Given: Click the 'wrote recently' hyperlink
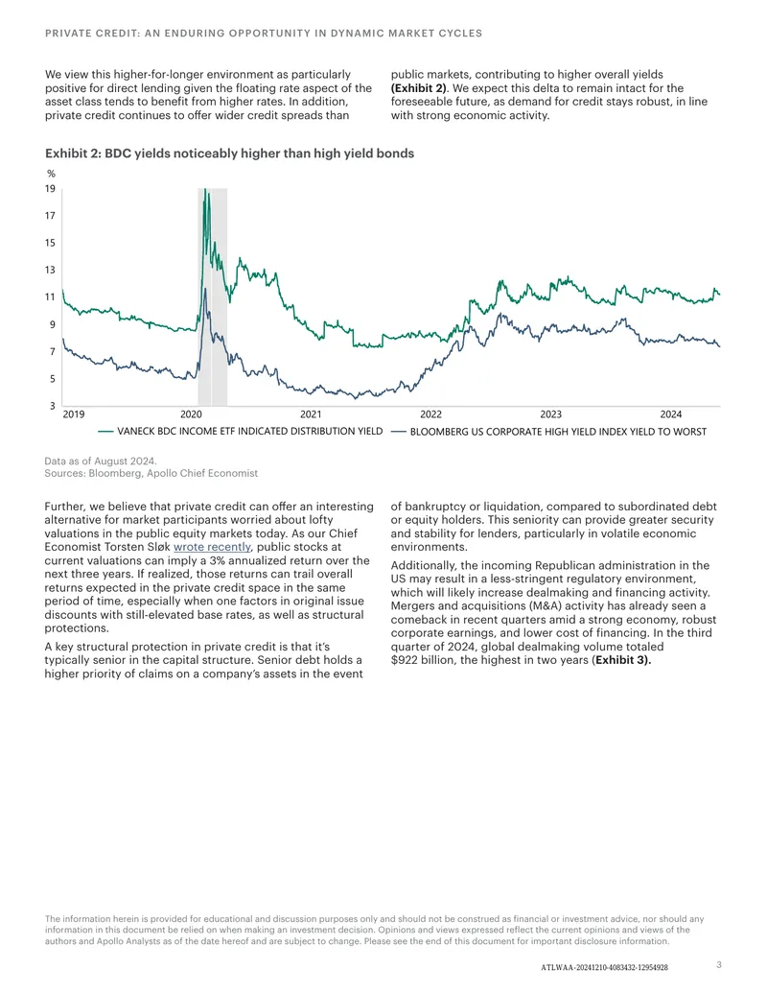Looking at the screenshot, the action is click(212, 547).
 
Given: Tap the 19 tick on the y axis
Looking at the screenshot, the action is click(50, 188).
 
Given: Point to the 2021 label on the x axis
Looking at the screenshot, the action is click(311, 414).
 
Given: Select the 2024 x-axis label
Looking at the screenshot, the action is click(671, 414).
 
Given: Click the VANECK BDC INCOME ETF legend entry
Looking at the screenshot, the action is click(241, 432).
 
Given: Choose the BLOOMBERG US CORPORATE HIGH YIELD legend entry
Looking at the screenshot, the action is click(548, 432).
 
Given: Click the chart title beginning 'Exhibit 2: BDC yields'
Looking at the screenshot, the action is click(230, 154).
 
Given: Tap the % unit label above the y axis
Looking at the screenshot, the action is click(51, 174).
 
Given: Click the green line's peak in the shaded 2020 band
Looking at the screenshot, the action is click(204, 189).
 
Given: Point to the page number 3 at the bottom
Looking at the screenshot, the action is click(719, 964).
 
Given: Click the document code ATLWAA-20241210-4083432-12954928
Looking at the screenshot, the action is click(604, 968).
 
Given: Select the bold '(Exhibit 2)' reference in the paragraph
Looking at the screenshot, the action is click(419, 88).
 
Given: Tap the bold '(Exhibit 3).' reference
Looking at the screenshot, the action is click(621, 660).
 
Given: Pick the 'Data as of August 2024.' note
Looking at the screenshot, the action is click(101, 461).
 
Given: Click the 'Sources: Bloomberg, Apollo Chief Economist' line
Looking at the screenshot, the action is click(151, 473).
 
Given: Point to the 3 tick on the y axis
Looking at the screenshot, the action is click(53, 405).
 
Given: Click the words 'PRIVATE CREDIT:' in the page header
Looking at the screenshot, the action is click(92, 33).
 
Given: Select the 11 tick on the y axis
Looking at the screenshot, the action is click(50, 296).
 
